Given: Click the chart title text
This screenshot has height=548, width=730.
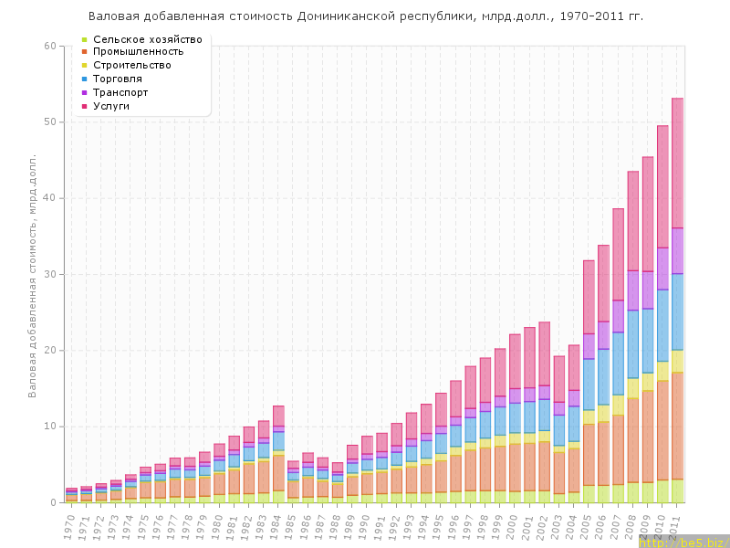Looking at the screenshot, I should tap(366, 16).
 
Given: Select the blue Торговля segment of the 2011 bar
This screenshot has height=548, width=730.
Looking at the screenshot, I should tap(678, 311).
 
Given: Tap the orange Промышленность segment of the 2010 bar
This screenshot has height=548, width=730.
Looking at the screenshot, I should tap(663, 429).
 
